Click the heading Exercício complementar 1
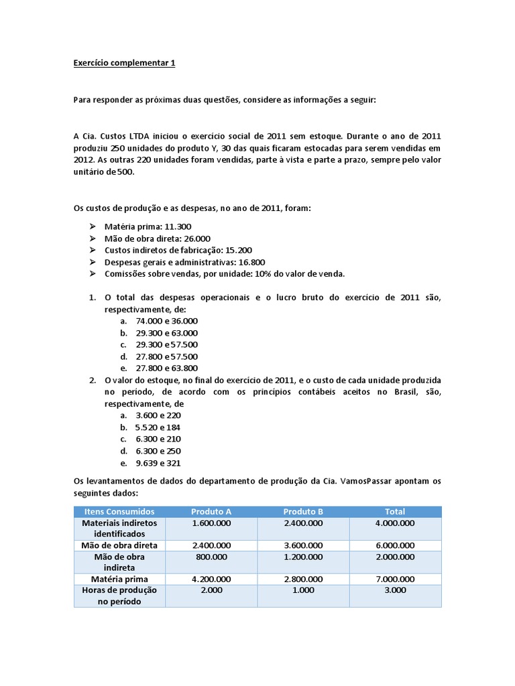(123, 63)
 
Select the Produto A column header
(211, 511)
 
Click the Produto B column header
(303, 511)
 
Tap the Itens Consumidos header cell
(119, 511)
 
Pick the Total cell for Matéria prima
(395, 579)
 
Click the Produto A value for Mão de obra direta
(211, 545)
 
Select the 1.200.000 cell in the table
(303, 557)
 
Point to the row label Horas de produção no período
(119, 596)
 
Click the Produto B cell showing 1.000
(303, 590)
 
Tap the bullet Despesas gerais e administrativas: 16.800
(184, 262)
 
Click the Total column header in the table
(395, 511)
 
